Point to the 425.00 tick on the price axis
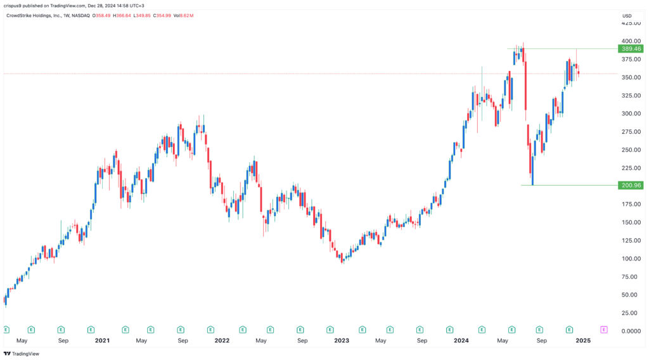(631, 23)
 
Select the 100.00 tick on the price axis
(631, 259)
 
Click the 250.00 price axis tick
(631, 150)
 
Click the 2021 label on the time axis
(102, 340)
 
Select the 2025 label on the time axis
(582, 340)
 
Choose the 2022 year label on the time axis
(222, 340)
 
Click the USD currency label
(627, 16)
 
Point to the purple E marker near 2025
(603, 330)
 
